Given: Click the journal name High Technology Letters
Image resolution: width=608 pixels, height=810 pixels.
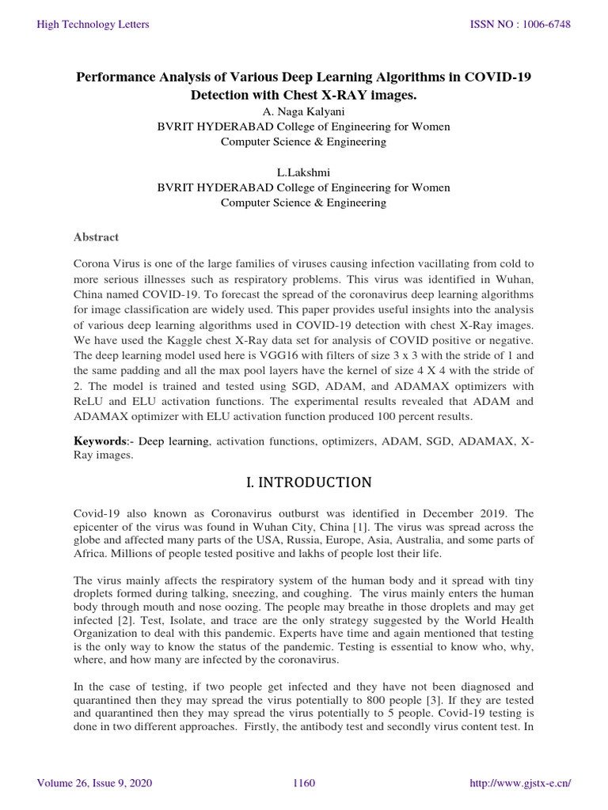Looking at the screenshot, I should click(x=93, y=25).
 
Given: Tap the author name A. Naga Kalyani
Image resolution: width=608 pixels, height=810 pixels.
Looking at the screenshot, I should click(x=303, y=112).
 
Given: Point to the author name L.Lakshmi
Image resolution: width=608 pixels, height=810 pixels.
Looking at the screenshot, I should click(x=303, y=172).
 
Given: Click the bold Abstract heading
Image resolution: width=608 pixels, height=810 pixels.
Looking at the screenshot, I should click(x=96, y=237).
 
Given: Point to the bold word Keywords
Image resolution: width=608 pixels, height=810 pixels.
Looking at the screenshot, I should click(x=99, y=439).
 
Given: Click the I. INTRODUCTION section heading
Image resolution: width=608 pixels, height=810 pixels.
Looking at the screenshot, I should click(x=303, y=482).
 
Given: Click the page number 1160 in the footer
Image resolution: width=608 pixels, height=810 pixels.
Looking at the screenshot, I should click(x=304, y=783).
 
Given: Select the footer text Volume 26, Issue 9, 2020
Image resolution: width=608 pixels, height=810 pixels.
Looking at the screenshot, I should click(x=95, y=783).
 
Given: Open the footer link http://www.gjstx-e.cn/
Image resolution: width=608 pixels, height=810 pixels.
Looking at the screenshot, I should click(x=521, y=783).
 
